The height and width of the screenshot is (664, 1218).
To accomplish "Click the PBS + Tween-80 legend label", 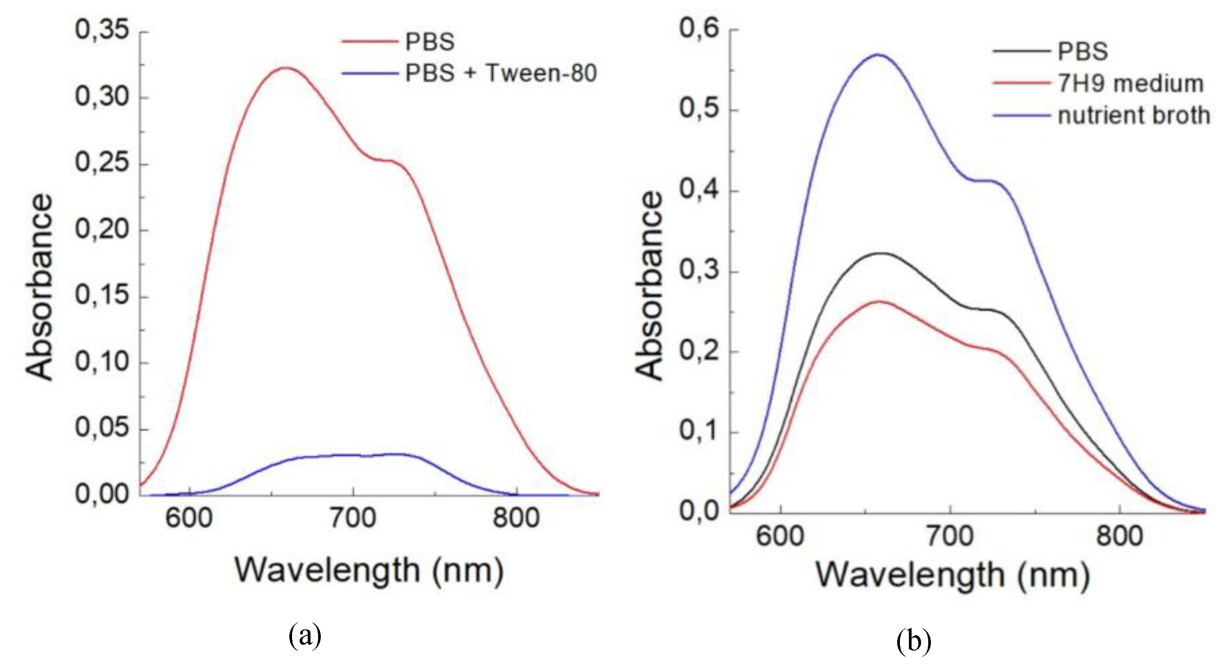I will pos(501,73).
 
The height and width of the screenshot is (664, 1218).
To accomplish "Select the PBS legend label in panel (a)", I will pos(430,42).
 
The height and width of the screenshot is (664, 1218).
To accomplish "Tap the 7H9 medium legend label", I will pos(1130,84).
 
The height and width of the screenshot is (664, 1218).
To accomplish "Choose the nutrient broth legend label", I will pos(1133,116).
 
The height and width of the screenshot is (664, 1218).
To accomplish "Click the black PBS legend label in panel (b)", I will pos(1083,52).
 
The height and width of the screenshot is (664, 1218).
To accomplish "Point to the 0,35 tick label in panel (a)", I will pos(102,30).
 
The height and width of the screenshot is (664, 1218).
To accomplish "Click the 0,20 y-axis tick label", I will pos(102,229).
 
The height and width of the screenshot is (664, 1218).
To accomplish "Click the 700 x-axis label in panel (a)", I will pos(353,518).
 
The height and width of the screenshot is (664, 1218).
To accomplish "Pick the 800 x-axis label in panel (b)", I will pos(1119,536).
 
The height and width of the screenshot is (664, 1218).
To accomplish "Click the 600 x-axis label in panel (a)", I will pos(189,518).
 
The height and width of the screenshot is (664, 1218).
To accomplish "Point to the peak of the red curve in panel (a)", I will pos(286,68).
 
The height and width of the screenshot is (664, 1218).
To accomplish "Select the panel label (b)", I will pos(913,641).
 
